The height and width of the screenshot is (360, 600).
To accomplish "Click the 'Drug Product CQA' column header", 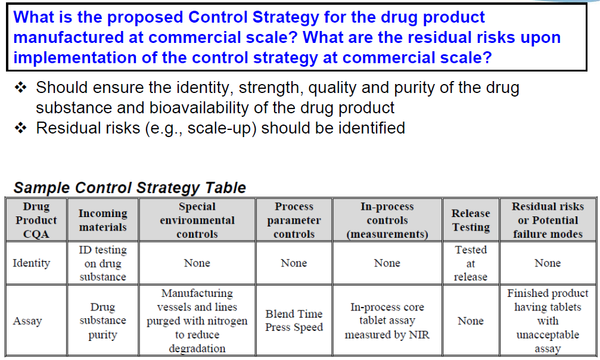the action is pos(36,220).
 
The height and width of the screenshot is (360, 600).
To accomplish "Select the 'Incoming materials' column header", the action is pos(102,220).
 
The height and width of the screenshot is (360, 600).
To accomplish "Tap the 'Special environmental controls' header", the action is pos(197,220).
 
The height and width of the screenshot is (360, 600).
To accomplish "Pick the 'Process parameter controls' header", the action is pos(294,220).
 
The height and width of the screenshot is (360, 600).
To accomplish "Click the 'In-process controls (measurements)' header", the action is pos(387,220).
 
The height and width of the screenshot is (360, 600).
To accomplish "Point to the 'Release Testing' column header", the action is pos(471,220).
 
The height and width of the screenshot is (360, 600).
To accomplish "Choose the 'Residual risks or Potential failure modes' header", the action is pos(548,220).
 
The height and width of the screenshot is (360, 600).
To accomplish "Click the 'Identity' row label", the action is pos(32,263).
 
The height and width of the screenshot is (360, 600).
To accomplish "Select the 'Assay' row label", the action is pos(27,321).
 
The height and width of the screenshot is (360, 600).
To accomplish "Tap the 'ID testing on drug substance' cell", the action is pos(102,263).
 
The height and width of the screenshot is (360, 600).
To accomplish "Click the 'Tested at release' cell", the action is pos(471,263).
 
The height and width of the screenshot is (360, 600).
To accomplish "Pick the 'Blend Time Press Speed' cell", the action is pos(294,321).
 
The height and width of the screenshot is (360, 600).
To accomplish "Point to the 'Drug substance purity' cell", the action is pos(102,321).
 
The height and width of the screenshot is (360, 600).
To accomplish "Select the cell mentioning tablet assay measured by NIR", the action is pos(387,321).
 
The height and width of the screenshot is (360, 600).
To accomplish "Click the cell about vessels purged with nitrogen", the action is pos(197,321).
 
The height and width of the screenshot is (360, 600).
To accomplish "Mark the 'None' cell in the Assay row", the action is pos(471,321).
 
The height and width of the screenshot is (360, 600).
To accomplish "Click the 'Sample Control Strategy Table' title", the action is pos(130,188).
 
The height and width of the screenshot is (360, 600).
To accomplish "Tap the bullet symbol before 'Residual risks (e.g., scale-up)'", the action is pos(21,128).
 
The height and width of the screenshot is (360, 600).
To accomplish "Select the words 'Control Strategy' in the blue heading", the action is pos(253,17).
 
